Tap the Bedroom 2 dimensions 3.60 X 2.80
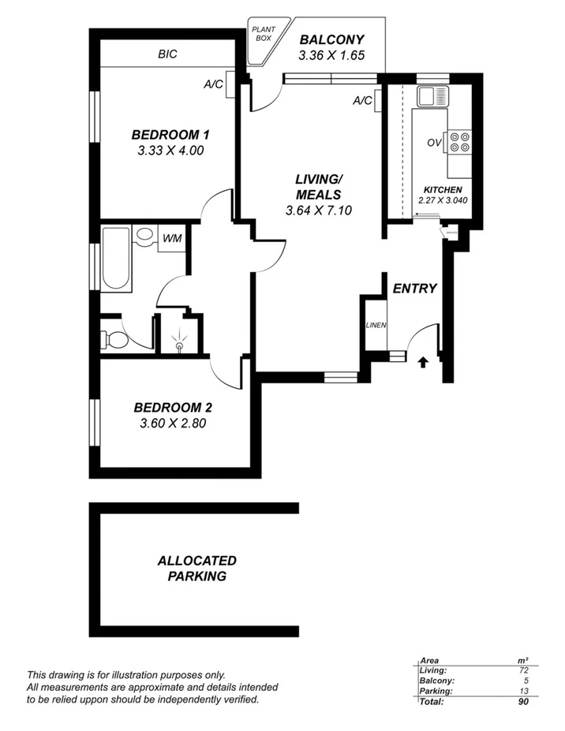click(172, 424)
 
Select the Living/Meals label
click(318, 187)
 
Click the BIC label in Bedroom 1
click(167, 54)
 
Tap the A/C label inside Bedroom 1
click(213, 84)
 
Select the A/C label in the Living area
click(362, 100)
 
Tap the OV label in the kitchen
click(433, 143)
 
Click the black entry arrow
click(423, 361)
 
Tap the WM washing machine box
click(171, 238)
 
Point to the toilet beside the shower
click(113, 339)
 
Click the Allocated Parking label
click(196, 569)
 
